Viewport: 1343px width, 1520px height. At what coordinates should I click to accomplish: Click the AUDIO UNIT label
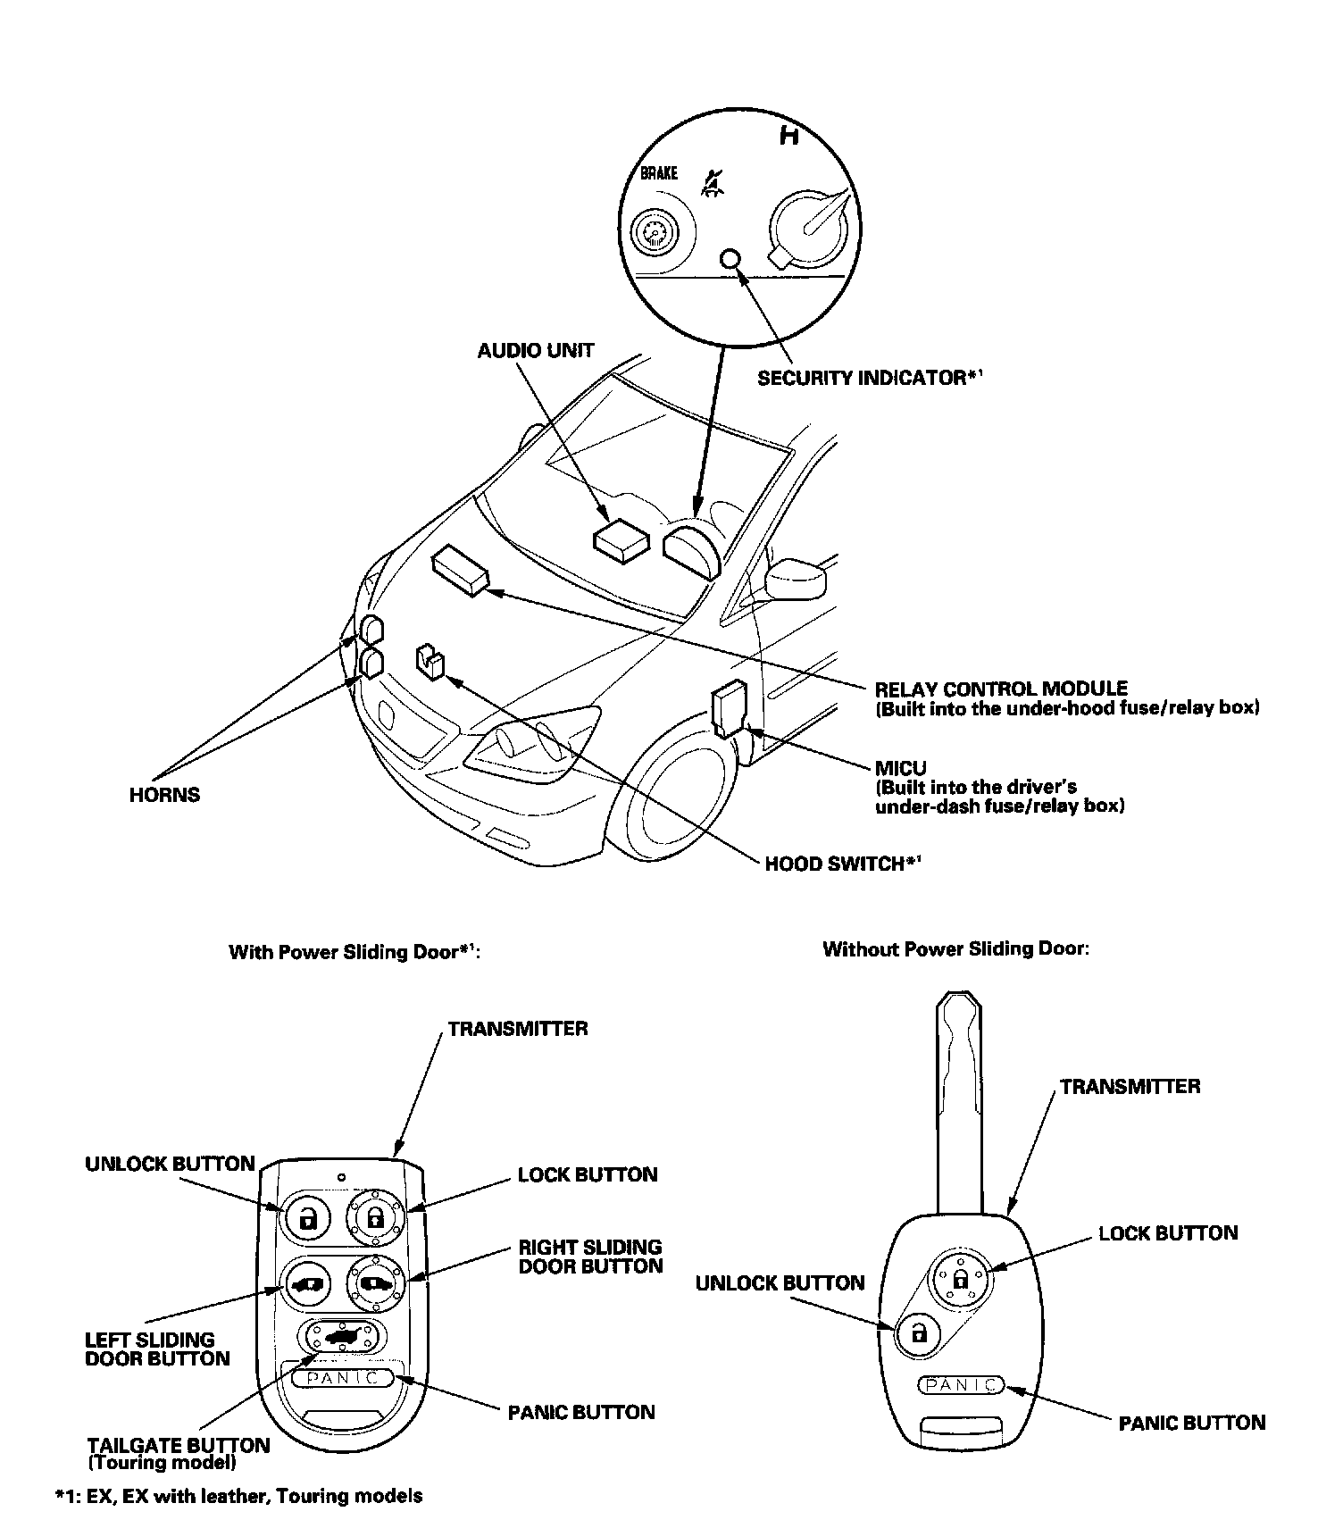(535, 351)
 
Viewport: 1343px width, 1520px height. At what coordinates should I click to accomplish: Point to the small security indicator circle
(730, 259)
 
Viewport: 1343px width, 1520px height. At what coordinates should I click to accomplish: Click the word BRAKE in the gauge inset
(659, 173)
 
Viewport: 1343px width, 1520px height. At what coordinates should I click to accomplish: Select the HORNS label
(164, 795)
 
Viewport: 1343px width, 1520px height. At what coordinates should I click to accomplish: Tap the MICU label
(900, 767)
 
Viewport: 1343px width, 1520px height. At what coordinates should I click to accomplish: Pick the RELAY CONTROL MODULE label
(1000, 689)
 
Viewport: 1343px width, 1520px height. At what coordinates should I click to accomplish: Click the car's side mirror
(797, 580)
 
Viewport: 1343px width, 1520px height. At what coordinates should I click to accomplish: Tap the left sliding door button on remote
(306, 1285)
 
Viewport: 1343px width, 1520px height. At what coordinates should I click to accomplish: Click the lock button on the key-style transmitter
(961, 1279)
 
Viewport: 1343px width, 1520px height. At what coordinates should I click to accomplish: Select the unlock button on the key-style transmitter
(919, 1334)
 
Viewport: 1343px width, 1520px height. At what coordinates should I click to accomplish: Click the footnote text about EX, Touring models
(239, 1496)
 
